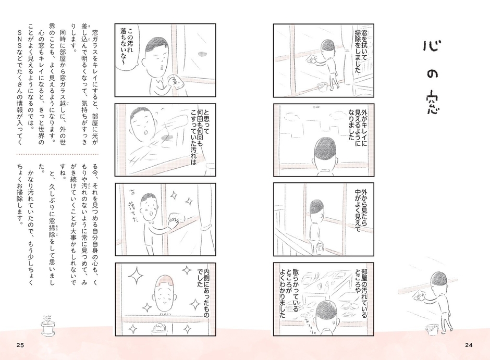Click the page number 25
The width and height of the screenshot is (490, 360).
[x=20, y=345]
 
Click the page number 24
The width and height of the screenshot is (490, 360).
[x=469, y=345]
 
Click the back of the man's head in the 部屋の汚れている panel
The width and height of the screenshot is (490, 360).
[x=319, y=313]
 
